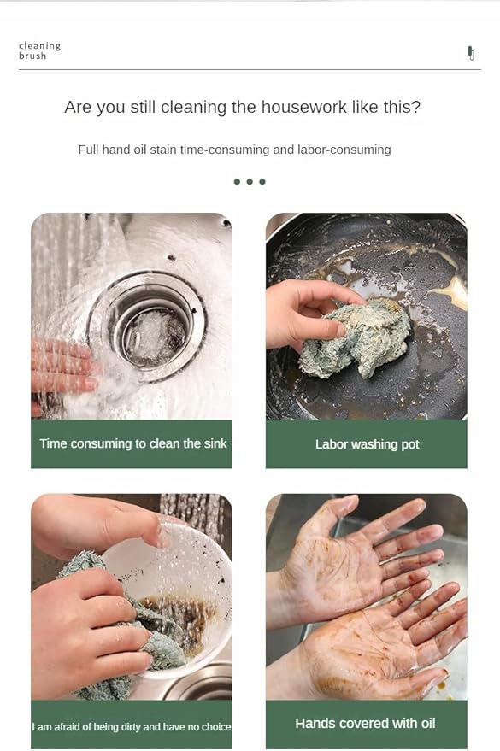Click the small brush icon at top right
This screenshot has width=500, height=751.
tap(470, 53)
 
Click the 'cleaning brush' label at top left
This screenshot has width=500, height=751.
tap(39, 51)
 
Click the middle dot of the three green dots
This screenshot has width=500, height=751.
tap(250, 182)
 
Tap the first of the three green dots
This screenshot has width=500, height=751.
tap(237, 182)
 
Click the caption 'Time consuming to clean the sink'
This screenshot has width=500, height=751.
tap(132, 443)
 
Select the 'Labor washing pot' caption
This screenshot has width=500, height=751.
tap(367, 444)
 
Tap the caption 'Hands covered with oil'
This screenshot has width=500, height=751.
tap(365, 723)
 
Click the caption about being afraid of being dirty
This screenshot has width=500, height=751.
tap(132, 726)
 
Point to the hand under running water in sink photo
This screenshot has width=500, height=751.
tap(64, 367)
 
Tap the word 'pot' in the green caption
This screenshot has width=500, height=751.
tap(409, 444)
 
